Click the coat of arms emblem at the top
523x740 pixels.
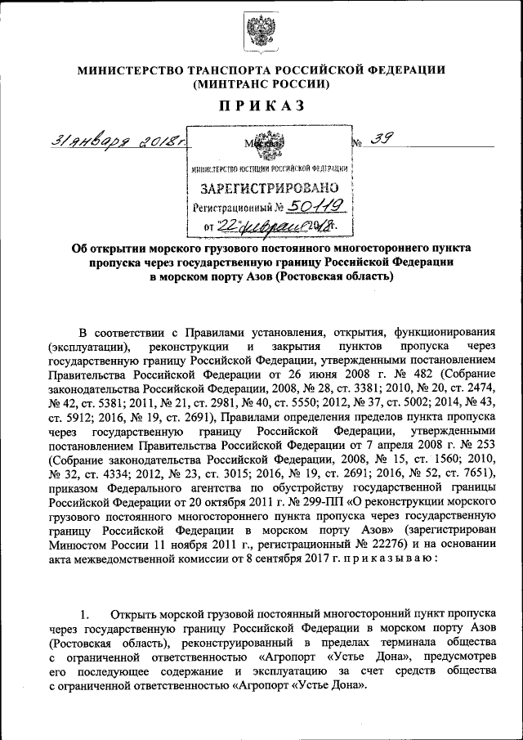click(x=261, y=33)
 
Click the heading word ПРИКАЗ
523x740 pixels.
click(x=261, y=105)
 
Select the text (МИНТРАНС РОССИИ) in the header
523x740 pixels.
click(x=261, y=84)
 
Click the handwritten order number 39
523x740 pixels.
click(x=378, y=140)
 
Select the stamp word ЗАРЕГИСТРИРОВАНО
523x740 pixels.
click(x=268, y=189)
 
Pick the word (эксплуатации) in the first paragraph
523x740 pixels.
click(x=88, y=347)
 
